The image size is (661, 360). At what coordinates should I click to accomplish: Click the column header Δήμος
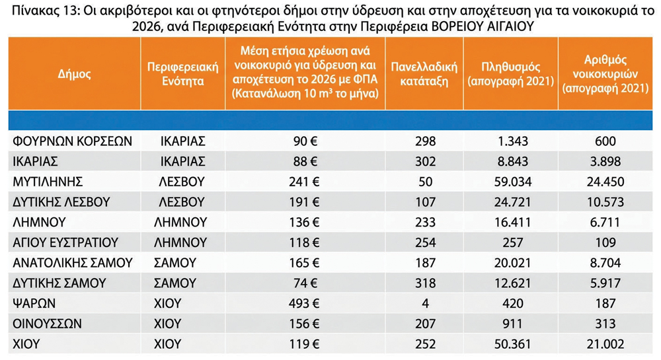click(x=74, y=75)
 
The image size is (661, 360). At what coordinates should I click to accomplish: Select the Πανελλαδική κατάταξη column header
click(x=424, y=74)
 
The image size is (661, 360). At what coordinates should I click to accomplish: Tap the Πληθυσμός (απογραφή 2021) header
click(x=510, y=74)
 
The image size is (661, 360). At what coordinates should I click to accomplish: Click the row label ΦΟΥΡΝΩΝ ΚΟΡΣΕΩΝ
click(x=72, y=141)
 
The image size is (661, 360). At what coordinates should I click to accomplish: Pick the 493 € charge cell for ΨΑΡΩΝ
click(x=304, y=303)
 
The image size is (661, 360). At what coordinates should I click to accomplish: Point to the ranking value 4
click(x=425, y=303)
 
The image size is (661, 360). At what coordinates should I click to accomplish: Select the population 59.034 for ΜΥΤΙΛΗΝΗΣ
click(x=513, y=182)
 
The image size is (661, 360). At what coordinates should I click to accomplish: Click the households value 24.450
click(x=605, y=182)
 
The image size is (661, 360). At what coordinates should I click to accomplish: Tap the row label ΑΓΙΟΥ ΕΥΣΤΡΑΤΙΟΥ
click(x=65, y=242)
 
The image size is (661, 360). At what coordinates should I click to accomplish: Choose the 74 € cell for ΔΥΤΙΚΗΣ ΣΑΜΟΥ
click(x=305, y=283)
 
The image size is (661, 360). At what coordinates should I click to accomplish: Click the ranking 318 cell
click(x=425, y=283)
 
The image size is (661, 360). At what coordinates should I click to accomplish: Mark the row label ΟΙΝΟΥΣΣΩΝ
click(x=47, y=324)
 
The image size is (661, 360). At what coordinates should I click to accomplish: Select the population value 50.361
click(x=513, y=344)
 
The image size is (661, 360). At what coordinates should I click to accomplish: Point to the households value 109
click(x=605, y=242)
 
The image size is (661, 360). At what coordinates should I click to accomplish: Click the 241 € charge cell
click(x=304, y=182)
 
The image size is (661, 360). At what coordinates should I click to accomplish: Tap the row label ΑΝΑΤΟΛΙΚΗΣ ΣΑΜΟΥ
click(x=73, y=263)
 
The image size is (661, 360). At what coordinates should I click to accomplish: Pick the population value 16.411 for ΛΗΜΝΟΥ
click(x=513, y=222)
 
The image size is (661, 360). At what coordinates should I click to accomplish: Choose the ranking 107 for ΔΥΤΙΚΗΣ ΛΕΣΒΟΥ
click(x=425, y=201)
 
